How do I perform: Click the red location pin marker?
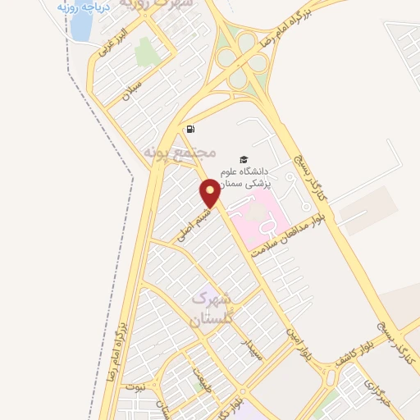(210, 194)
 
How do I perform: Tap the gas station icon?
(190, 129)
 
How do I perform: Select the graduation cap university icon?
(242, 159)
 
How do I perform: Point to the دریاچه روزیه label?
(81, 6)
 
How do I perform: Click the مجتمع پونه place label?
(179, 153)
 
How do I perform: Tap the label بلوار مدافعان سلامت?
(283, 236)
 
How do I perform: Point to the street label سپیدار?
(249, 349)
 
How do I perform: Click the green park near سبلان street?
(147, 51)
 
